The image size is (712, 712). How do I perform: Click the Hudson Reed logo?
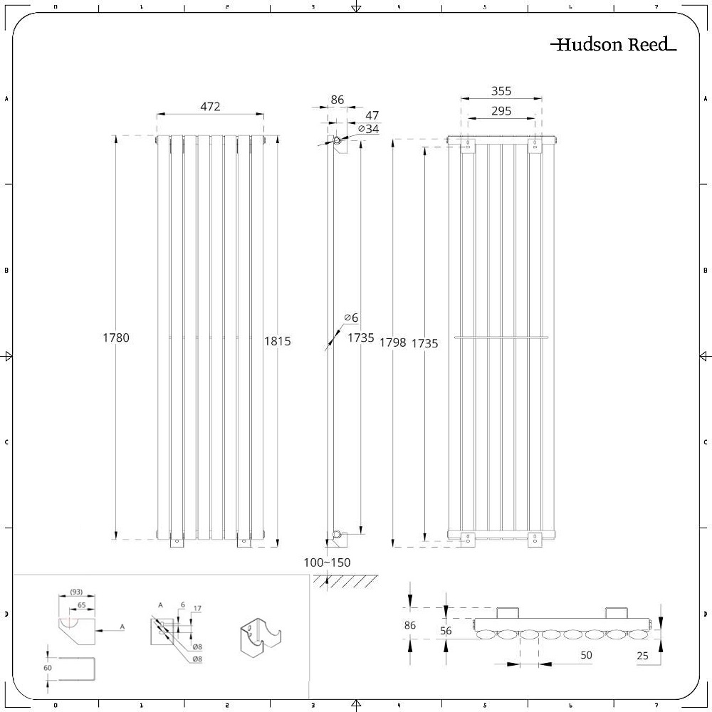point(613,45)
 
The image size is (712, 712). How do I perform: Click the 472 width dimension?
point(210,106)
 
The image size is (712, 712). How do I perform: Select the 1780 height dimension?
point(116,337)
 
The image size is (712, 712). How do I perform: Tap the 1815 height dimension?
point(278,341)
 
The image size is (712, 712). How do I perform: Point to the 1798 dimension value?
point(392,342)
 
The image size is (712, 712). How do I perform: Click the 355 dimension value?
point(501,91)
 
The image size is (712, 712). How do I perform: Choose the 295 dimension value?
point(501,111)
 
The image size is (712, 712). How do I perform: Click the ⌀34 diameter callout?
point(368,129)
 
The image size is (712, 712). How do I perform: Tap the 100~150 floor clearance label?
point(327,562)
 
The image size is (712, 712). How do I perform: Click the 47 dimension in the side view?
point(372,115)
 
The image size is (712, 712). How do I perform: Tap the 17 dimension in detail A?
point(197,608)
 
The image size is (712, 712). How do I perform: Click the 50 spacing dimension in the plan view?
point(586,654)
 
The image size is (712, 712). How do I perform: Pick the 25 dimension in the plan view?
point(643,656)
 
